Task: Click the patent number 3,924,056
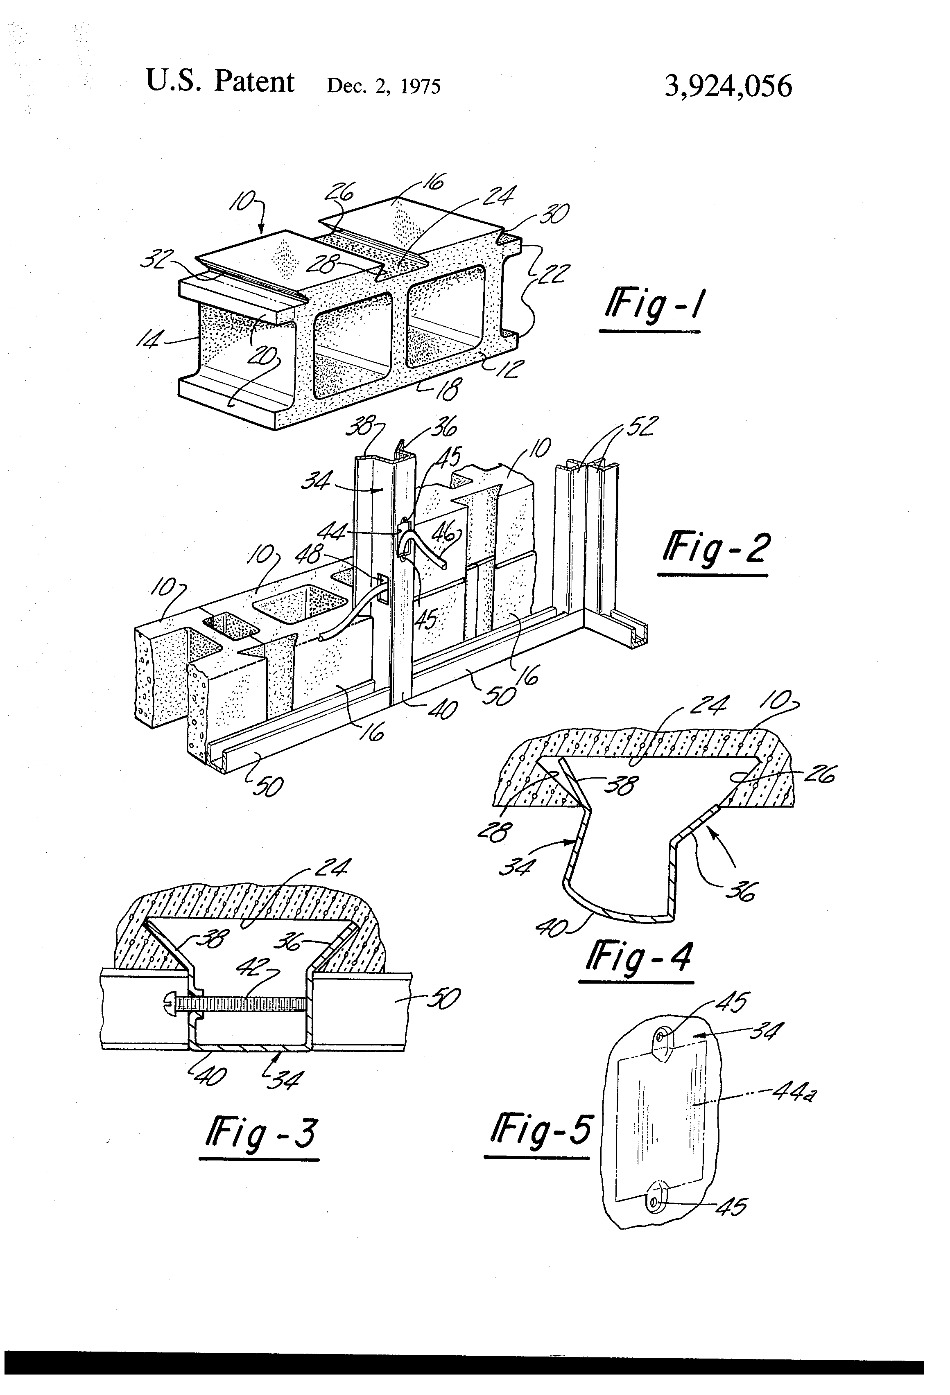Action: [728, 86]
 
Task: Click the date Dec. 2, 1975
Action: [383, 86]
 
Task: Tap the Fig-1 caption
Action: [654, 307]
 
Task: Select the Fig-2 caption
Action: [715, 549]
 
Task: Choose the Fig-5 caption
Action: [541, 1130]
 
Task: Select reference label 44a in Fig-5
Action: [794, 1093]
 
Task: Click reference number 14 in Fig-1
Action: [148, 340]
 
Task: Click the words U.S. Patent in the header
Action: [220, 82]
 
